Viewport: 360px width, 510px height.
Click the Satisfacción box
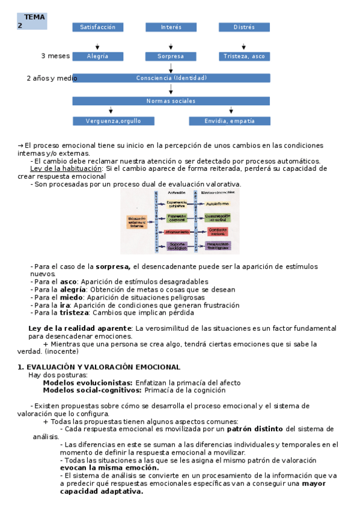[x=98, y=27]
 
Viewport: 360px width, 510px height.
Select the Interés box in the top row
[x=171, y=27]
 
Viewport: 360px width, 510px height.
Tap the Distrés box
[x=244, y=27]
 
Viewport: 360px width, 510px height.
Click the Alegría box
[x=98, y=56]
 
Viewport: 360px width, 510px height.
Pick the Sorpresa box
[x=171, y=56]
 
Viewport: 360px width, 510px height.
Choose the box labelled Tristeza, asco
[x=244, y=56]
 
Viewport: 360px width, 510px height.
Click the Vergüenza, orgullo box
[x=113, y=121]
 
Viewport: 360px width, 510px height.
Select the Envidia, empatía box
[x=230, y=121]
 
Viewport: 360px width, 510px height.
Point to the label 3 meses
[x=55, y=56]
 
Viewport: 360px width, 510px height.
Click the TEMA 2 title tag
[x=32, y=21]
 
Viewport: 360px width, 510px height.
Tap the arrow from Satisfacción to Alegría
[x=98, y=46]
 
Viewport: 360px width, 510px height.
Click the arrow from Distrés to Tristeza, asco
[x=243, y=46]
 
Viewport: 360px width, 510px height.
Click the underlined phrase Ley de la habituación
[x=66, y=168]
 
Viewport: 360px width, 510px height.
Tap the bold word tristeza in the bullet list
[x=74, y=312]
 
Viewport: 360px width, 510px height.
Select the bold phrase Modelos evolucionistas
[x=88, y=382]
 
